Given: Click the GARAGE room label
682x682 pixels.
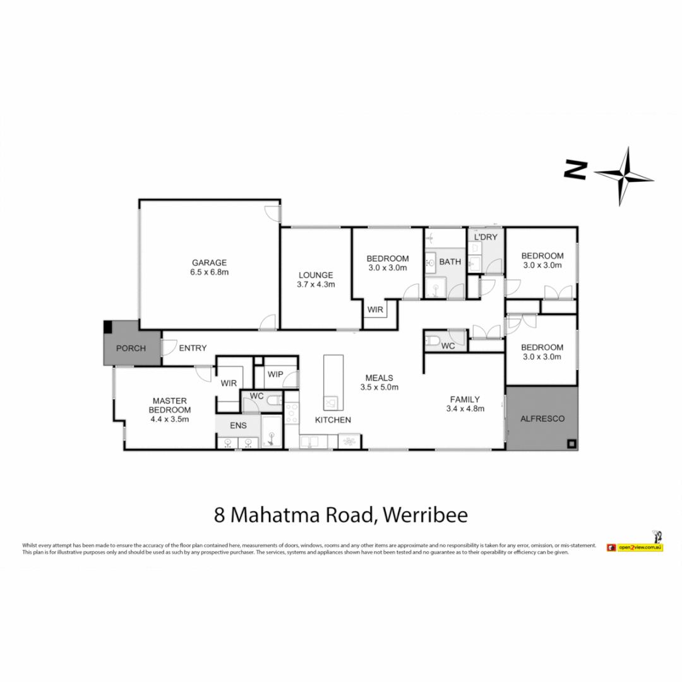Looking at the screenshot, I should click(x=209, y=263).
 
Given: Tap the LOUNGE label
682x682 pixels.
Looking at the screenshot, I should click(x=316, y=275).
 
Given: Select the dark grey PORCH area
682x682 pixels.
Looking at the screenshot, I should click(x=131, y=348).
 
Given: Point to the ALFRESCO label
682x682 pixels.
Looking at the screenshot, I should click(x=541, y=419).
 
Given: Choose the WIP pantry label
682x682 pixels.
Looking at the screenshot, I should click(x=275, y=374).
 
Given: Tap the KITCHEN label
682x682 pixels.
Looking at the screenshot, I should click(x=333, y=420).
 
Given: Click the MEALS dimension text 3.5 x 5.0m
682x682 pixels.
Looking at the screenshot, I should click(x=380, y=387).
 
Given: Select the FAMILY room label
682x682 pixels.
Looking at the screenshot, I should click(x=465, y=399).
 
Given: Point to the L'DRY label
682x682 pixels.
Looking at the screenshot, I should click(x=486, y=237).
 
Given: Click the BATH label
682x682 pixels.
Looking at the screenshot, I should click(x=450, y=261).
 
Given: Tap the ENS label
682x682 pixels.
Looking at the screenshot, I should click(x=238, y=426).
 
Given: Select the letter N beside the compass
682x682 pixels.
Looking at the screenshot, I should click(x=576, y=169).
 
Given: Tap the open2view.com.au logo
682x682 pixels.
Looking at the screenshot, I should click(x=634, y=547).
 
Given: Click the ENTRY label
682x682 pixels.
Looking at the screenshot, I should click(x=193, y=348).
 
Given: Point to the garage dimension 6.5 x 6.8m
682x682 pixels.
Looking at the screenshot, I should click(x=209, y=272).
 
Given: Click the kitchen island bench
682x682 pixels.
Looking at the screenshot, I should click(x=333, y=383).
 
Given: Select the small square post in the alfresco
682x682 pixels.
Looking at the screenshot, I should click(x=571, y=443).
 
